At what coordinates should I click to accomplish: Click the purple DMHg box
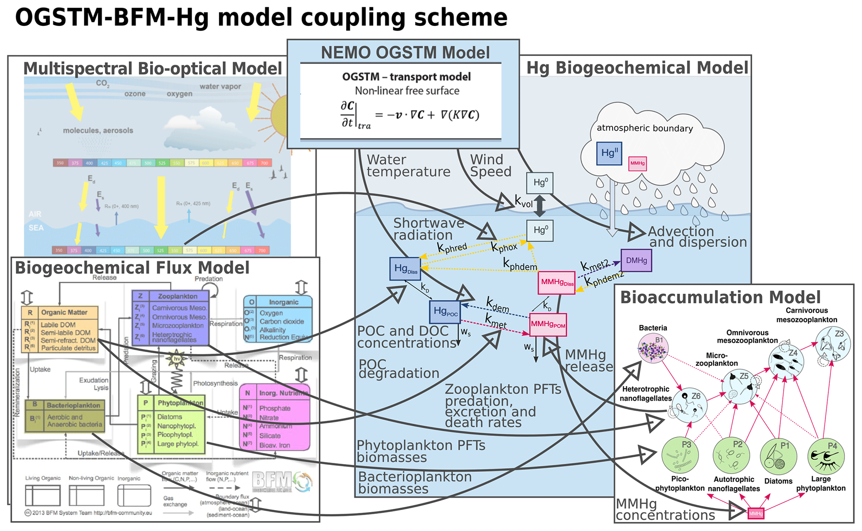tap(636, 260)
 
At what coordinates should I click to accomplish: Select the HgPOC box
tap(445, 312)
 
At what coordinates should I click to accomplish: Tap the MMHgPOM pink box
tap(548, 324)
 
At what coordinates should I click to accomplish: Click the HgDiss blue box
tap(405, 269)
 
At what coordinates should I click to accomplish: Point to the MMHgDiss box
tap(557, 283)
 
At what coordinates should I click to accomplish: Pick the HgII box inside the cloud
tap(609, 153)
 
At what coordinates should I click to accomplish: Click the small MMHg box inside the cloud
tap(637, 163)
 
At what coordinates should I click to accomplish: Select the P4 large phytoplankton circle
tap(826, 456)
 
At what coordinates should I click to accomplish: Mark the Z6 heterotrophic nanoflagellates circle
tap(689, 405)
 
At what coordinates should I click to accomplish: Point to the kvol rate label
tap(524, 202)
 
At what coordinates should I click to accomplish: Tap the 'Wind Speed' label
tap(490, 166)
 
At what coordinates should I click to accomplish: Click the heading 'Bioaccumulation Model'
tap(720, 297)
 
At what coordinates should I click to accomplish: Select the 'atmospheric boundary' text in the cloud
tap(645, 128)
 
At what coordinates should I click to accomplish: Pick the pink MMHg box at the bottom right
tap(755, 513)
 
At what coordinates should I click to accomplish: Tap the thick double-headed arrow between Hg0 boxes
tap(540, 206)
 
